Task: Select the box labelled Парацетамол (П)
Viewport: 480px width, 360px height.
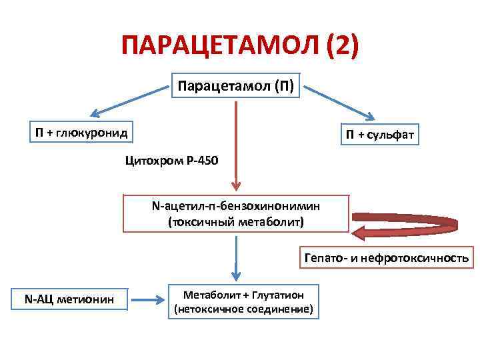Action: click(x=237, y=85)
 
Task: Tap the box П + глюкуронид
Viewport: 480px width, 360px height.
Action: click(x=81, y=132)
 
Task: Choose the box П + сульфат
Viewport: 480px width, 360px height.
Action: click(x=380, y=136)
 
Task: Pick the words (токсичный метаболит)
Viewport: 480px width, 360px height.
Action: click(x=235, y=221)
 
